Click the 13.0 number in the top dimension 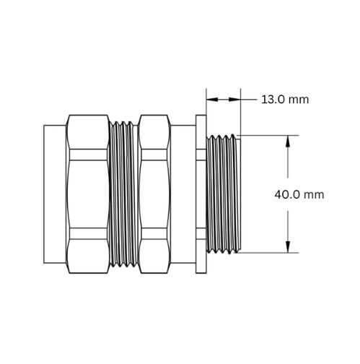point(271,100)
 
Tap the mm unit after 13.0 point(299,100)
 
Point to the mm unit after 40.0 point(314,195)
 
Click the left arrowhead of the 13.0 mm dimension point(212,100)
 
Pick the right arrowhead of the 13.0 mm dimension point(234,100)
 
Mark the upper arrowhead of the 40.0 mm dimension point(288,142)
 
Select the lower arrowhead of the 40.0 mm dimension point(288,247)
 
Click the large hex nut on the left point(88,194)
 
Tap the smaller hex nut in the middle point(154,194)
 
